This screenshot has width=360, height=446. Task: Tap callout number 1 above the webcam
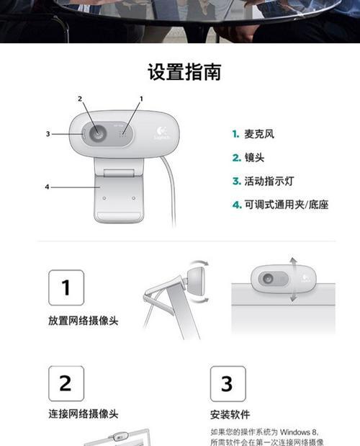coord(141,98)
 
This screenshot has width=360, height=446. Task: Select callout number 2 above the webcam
coord(80,99)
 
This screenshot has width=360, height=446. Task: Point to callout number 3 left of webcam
coord(48,133)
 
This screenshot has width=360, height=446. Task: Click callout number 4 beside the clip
coord(48,187)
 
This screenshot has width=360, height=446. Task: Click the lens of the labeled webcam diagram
coord(95,133)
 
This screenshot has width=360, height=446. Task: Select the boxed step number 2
coord(66,383)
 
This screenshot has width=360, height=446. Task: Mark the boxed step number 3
coord(228,383)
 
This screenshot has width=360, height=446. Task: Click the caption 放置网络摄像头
coord(83,319)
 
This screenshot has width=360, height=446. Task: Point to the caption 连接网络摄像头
coord(83,414)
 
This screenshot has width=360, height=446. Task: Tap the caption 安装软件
coord(230,415)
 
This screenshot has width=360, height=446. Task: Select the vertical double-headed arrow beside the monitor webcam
coord(292,278)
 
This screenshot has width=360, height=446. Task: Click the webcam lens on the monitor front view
coord(267,278)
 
